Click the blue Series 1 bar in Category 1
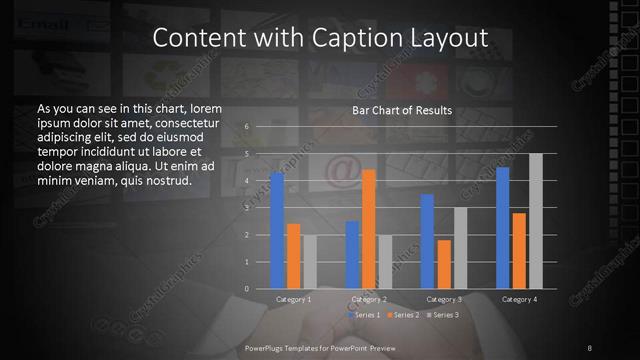pos(277,231)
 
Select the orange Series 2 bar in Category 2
pos(369,229)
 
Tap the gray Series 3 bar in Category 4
pos(535,221)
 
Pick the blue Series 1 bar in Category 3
pos(427,241)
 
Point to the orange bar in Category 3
pos(444,264)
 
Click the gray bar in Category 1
pos(309,262)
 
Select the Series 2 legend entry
pos(401,315)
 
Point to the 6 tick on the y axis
pos(246,127)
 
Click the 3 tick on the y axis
pos(246,208)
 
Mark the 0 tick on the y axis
pos(246,289)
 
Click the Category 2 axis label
pos(369,299)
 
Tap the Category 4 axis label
pos(519,299)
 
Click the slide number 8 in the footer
pos(590,347)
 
